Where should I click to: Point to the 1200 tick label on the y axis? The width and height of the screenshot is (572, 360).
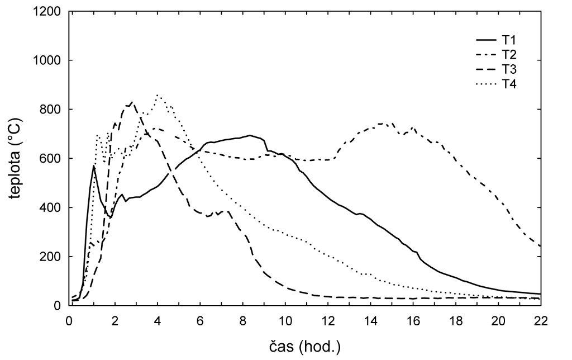point(49,12)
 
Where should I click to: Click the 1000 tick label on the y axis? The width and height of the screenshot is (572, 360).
point(49,60)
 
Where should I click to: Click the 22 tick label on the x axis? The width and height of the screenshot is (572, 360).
point(540,321)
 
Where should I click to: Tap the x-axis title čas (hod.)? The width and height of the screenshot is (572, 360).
point(305,347)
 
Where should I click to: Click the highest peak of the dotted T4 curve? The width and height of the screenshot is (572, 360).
point(158,95)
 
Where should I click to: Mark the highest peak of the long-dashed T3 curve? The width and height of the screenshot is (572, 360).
point(131,102)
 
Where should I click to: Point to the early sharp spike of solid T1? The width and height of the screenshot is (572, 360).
point(94,165)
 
